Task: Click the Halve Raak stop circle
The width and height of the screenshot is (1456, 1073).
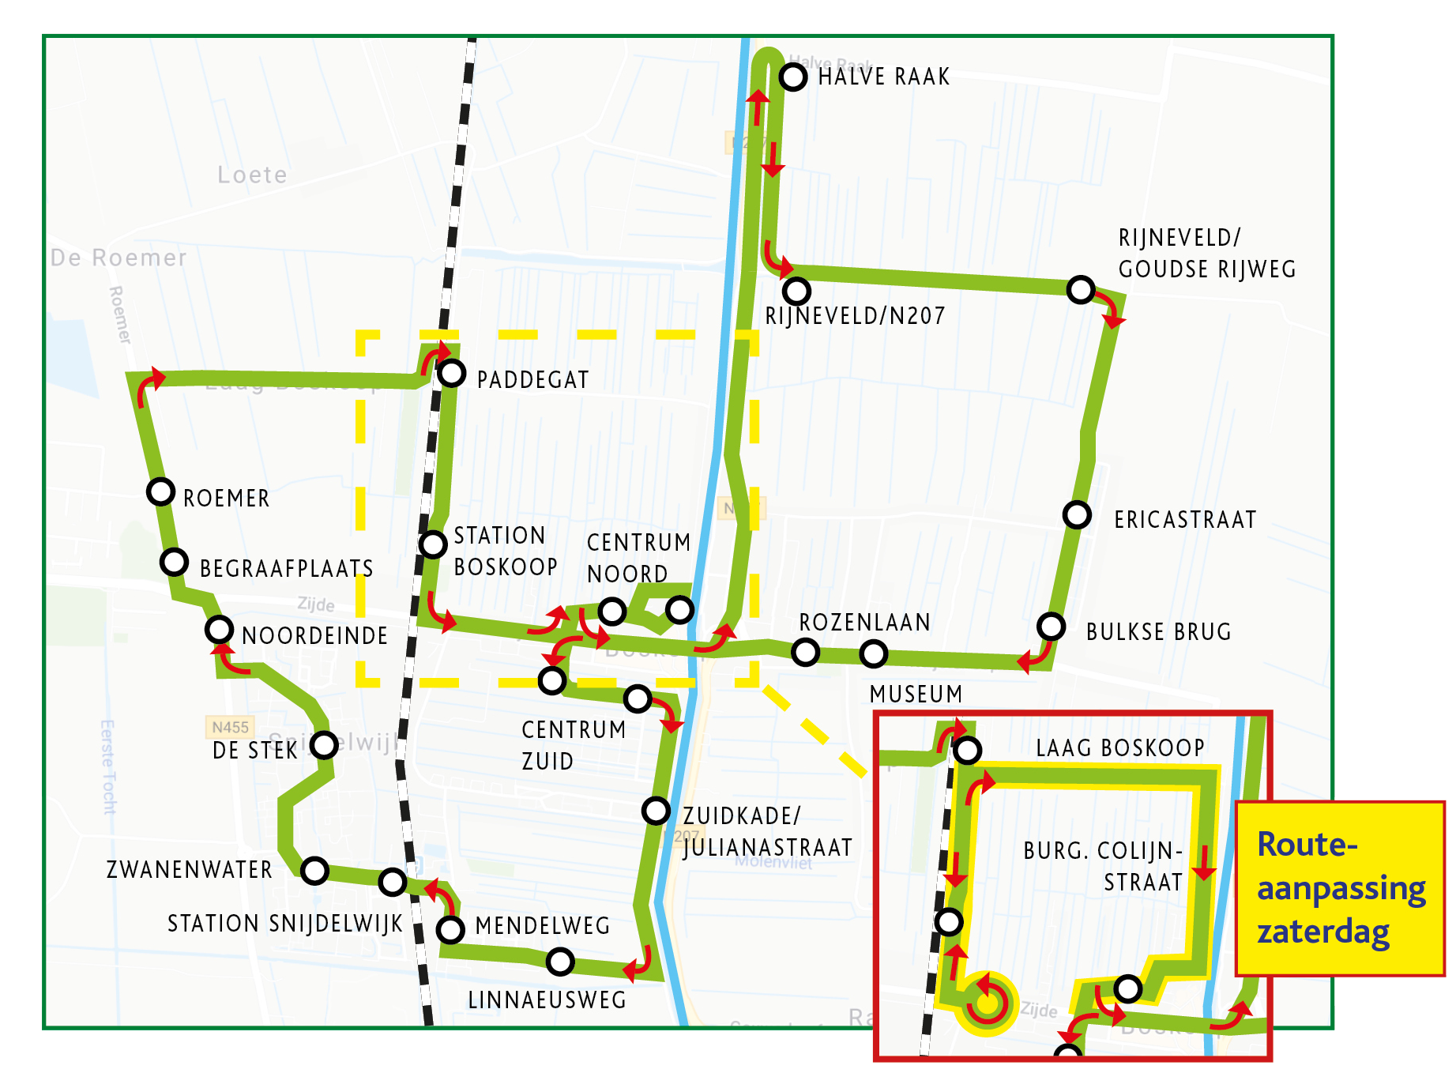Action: [793, 77]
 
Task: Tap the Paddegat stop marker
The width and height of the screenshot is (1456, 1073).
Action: [452, 373]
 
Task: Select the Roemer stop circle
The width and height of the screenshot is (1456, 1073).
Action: [161, 491]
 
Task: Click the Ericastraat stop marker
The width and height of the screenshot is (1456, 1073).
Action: [1077, 515]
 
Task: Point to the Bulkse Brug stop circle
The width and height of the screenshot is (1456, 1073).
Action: [1051, 627]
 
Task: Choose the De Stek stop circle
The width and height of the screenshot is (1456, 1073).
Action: [325, 744]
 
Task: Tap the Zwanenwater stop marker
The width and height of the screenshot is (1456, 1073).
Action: [314, 871]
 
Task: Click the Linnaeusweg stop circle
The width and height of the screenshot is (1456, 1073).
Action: [560, 962]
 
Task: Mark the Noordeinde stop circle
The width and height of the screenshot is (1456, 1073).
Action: [219, 630]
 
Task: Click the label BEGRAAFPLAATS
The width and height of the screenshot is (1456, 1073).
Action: [286, 569]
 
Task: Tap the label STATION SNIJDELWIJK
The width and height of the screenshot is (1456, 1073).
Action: [284, 924]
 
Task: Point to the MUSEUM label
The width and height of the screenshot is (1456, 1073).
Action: [916, 695]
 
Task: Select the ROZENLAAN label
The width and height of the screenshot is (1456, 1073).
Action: [864, 623]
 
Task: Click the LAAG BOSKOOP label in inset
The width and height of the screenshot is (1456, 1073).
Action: [1119, 748]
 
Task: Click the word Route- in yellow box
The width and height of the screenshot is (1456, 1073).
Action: [1307, 845]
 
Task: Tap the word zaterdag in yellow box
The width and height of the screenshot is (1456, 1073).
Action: [1322, 932]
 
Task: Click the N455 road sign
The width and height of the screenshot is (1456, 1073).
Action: [230, 727]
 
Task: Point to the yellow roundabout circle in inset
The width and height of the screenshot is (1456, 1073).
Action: [987, 1003]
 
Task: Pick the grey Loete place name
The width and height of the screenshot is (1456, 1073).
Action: [252, 175]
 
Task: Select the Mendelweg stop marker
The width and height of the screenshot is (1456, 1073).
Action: [450, 930]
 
